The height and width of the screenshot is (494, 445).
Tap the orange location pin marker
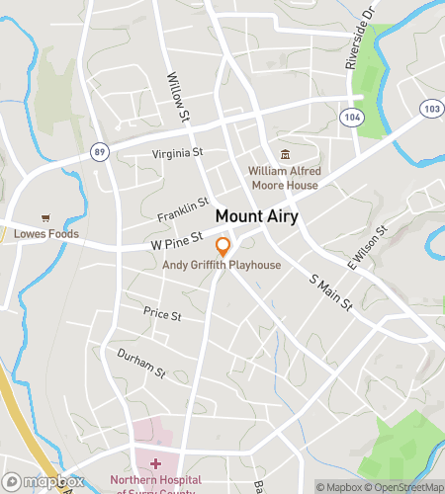coord(223,247)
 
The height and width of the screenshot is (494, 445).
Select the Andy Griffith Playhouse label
coord(222,266)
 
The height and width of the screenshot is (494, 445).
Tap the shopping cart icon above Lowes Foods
coord(44,218)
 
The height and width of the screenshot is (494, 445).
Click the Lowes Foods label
coord(45,234)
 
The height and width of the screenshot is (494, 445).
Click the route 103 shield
coord(429,107)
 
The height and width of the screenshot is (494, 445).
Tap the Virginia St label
coord(177,153)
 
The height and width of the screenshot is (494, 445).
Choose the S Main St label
coord(331,292)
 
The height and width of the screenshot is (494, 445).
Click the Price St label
coord(162,314)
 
